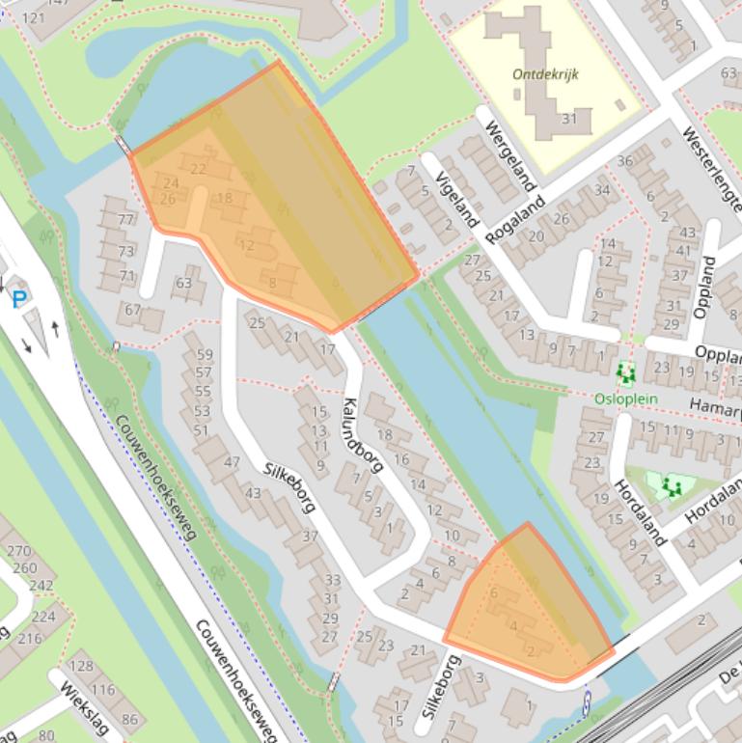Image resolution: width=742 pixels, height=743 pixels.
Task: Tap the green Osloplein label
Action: coord(625,398)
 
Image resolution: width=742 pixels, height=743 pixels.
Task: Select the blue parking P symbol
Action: coord(18,299)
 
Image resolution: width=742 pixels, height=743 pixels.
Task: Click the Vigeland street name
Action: coord(457,199)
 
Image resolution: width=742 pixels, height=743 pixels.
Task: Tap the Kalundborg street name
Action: coord(363,435)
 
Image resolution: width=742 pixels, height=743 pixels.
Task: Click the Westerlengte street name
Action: coord(715,170)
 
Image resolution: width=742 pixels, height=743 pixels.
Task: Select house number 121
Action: coord(33,18)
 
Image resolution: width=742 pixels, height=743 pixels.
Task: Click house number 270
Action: coord(18,551)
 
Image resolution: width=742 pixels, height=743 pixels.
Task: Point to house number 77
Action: coord(125,219)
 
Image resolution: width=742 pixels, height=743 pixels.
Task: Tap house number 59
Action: coord(203,355)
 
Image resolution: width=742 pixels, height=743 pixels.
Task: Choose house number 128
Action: coord(81,667)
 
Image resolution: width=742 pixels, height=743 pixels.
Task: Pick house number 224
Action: coord(43,617)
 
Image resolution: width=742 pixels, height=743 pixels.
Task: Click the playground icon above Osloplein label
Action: coord(626,371)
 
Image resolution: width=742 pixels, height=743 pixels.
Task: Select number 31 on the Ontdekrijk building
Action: coord(568,119)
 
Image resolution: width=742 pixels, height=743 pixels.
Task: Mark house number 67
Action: coord(132,310)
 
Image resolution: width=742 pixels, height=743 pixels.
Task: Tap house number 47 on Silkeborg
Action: coord(231,462)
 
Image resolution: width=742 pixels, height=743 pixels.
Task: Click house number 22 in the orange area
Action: coord(199,169)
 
